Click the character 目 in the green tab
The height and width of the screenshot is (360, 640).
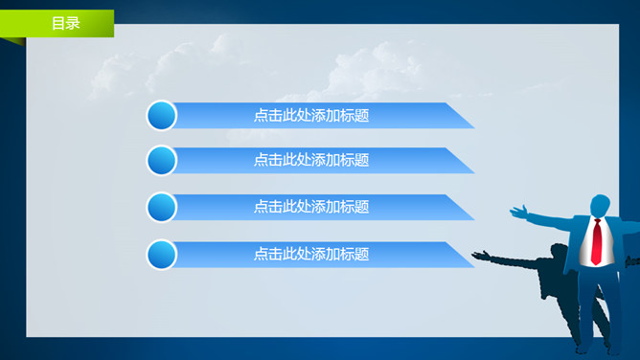[58, 23]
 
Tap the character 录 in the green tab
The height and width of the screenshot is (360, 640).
[73, 23]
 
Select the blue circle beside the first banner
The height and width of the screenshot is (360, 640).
[162, 116]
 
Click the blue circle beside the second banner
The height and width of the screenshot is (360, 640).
[162, 160]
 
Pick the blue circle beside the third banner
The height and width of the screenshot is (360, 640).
[162, 207]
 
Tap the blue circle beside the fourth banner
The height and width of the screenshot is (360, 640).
[162, 255]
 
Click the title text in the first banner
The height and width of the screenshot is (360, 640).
[311, 116]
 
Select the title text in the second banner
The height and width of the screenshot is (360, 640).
[311, 160]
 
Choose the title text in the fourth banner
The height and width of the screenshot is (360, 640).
[311, 254]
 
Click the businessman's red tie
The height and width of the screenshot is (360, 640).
[596, 242]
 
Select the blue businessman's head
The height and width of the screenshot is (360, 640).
[600, 206]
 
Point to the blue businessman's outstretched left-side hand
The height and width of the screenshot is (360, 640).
[518, 210]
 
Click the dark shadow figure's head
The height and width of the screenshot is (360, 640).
[560, 252]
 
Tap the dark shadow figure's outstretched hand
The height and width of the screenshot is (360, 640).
[479, 255]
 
